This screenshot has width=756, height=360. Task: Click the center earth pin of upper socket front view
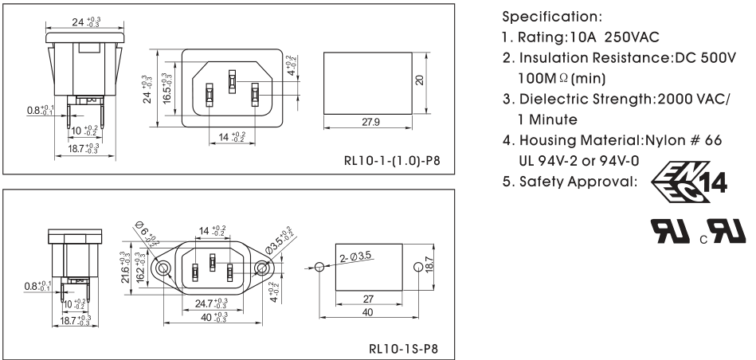coord(232,80)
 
